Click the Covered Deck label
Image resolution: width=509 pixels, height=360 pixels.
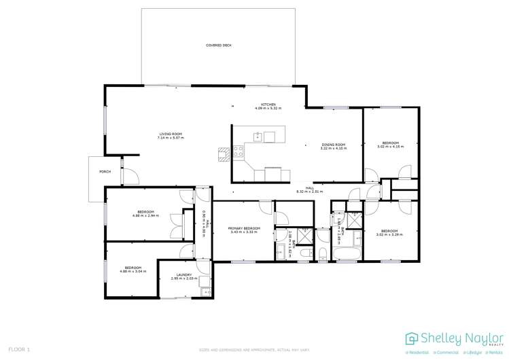(219, 45)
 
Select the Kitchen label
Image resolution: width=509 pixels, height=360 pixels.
(268, 105)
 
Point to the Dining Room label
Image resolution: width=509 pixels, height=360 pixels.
(333, 144)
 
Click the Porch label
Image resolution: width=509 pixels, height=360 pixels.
(105, 172)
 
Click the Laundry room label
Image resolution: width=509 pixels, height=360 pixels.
(183, 275)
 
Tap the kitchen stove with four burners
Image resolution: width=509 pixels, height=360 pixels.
(239, 153)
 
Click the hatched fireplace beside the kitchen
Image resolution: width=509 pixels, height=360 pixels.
(222, 154)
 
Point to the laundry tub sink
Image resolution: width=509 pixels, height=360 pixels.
(204, 291)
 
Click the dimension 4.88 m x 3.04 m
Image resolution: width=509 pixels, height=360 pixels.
(133, 271)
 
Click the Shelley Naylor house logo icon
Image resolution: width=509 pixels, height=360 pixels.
(412, 338)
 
